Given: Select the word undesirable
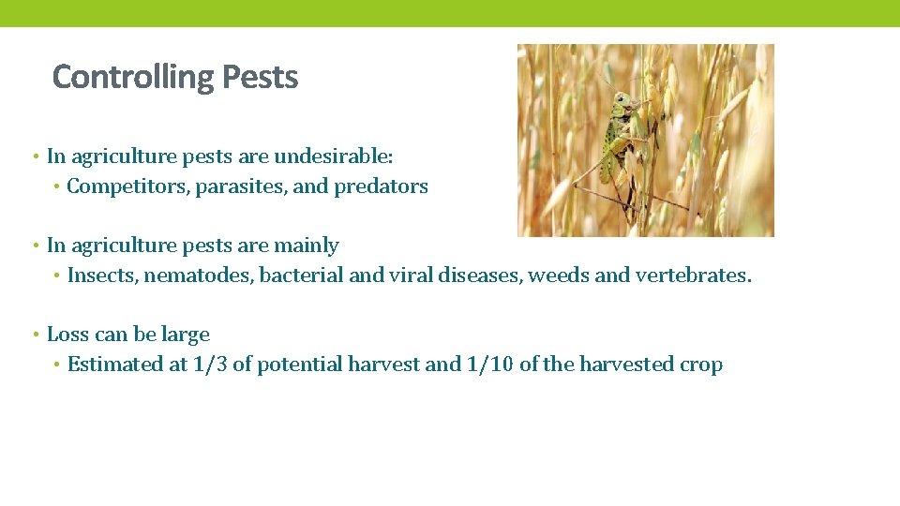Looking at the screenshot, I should click(x=350, y=156).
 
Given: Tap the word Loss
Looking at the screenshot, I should click(x=66, y=335).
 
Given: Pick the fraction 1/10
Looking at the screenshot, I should click(x=489, y=365).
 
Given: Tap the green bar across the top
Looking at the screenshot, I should click(x=450, y=12).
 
